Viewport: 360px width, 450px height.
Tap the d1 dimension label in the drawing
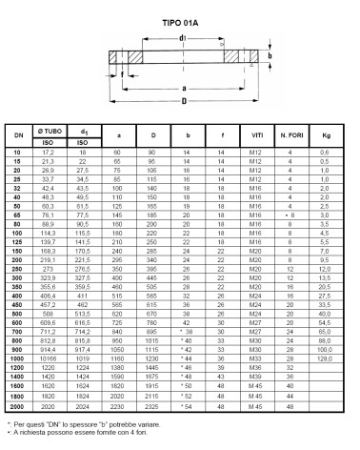pyautogui.click(x=180, y=40)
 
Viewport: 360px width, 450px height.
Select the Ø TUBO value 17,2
pyautogui.click(x=49, y=152)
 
